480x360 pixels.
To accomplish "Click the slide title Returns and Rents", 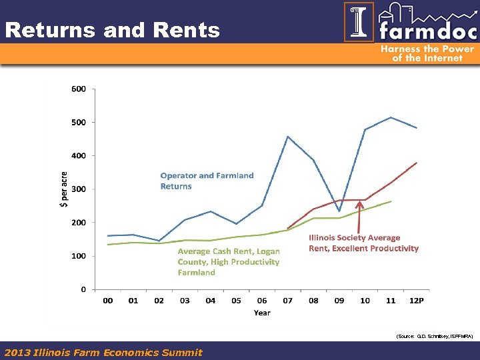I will [x=112, y=30].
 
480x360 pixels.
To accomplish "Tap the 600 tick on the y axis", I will [x=79, y=89].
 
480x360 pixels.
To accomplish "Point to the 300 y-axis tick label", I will [x=79, y=189].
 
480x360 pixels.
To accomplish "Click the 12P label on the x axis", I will [x=416, y=301].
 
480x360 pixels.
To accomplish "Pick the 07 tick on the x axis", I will [x=287, y=301].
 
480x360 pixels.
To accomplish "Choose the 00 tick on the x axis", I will [x=107, y=301].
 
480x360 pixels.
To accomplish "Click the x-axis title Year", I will [x=262, y=313].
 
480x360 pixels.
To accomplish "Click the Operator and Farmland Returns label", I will [x=207, y=181].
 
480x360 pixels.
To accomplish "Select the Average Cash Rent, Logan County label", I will [x=228, y=261].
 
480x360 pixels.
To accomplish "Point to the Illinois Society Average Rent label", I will [x=363, y=243].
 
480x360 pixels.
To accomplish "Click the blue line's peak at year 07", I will [x=287, y=137].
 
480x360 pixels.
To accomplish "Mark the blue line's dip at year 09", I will [x=339, y=211].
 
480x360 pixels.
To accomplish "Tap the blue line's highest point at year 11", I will [x=391, y=117].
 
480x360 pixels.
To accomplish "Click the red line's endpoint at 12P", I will [x=417, y=163].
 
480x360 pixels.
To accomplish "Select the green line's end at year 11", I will [x=391, y=201].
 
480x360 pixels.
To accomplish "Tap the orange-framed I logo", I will [x=359, y=22].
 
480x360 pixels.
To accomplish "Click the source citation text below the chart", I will [x=434, y=337].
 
